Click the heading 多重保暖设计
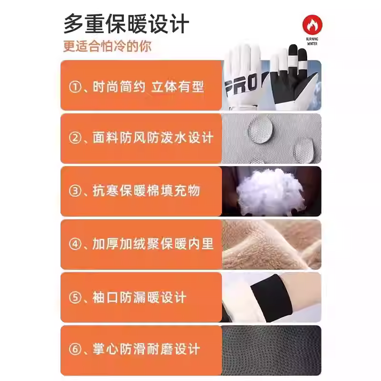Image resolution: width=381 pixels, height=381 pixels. [126, 24]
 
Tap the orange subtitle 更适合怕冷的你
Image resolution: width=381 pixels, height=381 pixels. [108, 47]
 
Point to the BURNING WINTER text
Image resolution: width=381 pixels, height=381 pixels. [312, 40]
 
